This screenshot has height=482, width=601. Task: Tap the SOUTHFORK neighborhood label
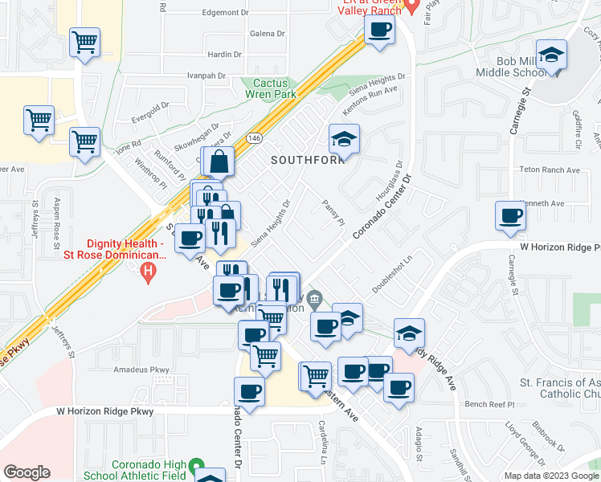coord(306,160)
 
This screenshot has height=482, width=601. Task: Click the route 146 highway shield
coord(254,137)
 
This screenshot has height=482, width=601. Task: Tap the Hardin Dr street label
coord(224,55)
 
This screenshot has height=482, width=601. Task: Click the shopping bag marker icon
coord(219,161)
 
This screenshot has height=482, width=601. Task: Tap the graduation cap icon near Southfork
coord(344,140)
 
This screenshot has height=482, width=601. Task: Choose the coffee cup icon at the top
coord(379,31)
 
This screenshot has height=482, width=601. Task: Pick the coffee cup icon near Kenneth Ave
coord(510,215)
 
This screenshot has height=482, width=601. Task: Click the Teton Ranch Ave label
coord(550,170)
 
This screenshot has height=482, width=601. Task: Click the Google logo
coord(27,472)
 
